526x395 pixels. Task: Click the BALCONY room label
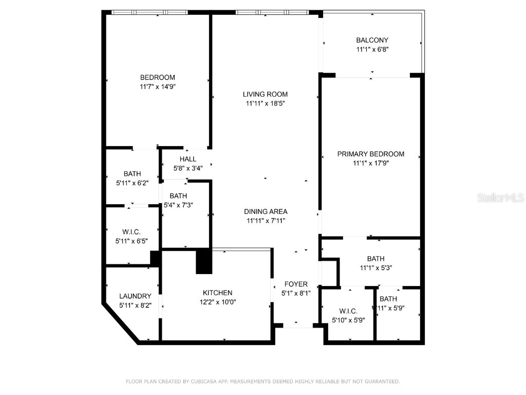pos(372,40)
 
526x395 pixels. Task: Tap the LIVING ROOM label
pos(265,94)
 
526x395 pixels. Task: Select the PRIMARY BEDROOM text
pos(370,154)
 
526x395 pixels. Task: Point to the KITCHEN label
pos(217,293)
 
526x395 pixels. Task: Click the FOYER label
pos(296,284)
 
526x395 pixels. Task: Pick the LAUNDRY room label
pos(135,296)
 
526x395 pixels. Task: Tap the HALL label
pos(187,159)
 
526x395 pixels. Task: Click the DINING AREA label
pos(265,211)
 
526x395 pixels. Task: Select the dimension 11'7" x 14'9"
pos(158,87)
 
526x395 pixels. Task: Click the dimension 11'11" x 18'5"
pos(265,103)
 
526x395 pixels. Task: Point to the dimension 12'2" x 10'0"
pos(217,302)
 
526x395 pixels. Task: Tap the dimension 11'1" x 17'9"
pos(370,163)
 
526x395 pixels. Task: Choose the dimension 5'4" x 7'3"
pos(178,205)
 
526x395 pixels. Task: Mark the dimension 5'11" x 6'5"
pos(131,241)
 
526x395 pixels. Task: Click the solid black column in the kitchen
pos(204,261)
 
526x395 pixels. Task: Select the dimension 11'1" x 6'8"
pos(372,49)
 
